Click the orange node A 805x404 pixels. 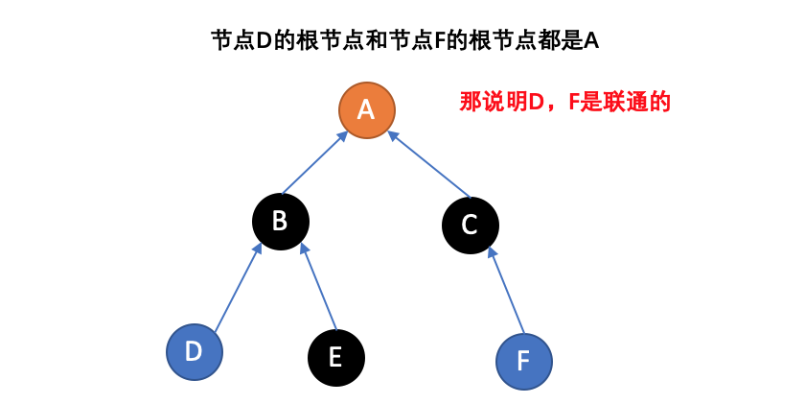point(367,109)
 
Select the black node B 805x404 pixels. point(280,221)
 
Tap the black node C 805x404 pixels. point(470,226)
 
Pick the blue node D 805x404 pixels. point(194,351)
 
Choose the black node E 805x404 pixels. point(335,357)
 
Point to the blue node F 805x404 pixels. point(523,361)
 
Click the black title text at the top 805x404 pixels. point(404,40)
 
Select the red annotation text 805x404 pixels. point(564,102)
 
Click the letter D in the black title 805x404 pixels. point(264,40)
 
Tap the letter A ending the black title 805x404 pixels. point(590,40)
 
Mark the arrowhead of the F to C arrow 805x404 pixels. point(492,252)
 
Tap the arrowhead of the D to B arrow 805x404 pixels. point(258,250)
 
